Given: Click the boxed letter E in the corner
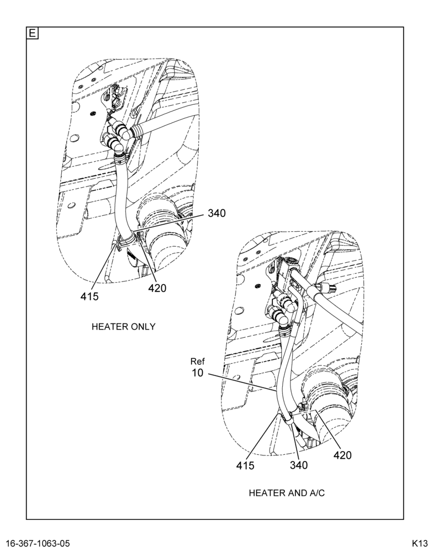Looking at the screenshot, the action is (x=32, y=34).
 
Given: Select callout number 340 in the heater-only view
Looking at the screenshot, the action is (x=216, y=213).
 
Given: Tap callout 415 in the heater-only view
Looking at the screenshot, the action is (x=89, y=296).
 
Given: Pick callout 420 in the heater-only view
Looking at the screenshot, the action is (x=157, y=288).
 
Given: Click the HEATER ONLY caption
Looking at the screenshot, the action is (x=123, y=327).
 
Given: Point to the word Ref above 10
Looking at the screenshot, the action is (x=198, y=361).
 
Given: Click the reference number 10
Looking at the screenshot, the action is (x=198, y=373).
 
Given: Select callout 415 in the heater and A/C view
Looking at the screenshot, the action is (x=245, y=465).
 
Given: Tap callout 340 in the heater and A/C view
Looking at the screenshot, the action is (x=299, y=465).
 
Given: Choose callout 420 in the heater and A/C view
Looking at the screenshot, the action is (x=342, y=455).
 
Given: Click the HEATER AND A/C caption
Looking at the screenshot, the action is (x=287, y=493).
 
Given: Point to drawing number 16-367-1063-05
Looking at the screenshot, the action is (x=38, y=543).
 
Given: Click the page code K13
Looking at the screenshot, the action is (x=420, y=543).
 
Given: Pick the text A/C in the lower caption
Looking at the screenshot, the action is (x=317, y=493).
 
